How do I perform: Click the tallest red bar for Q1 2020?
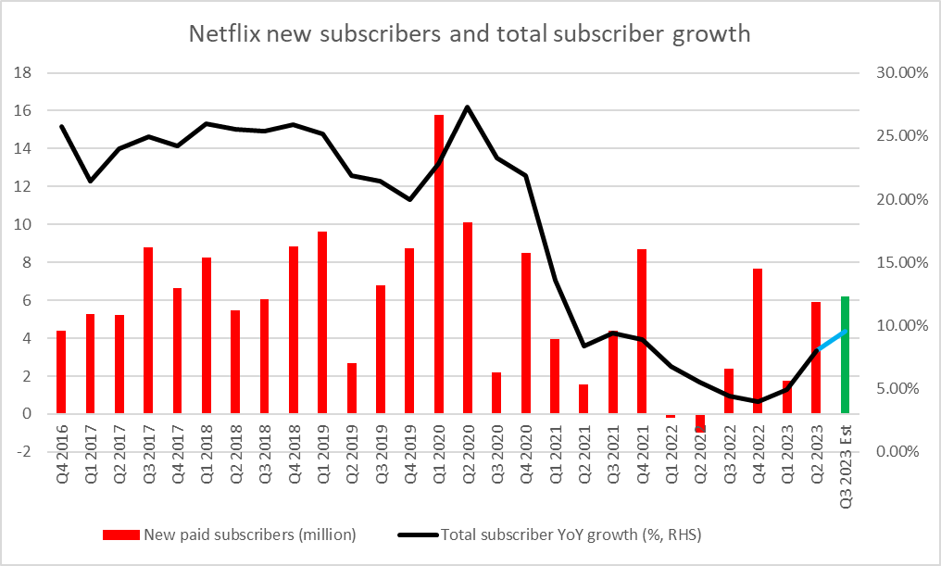click(438, 264)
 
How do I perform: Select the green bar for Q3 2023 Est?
click(844, 355)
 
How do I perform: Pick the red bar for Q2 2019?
click(351, 388)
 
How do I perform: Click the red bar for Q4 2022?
click(757, 341)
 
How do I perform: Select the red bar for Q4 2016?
click(61, 372)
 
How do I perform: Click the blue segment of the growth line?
click(831, 340)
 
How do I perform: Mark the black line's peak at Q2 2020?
click(468, 107)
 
